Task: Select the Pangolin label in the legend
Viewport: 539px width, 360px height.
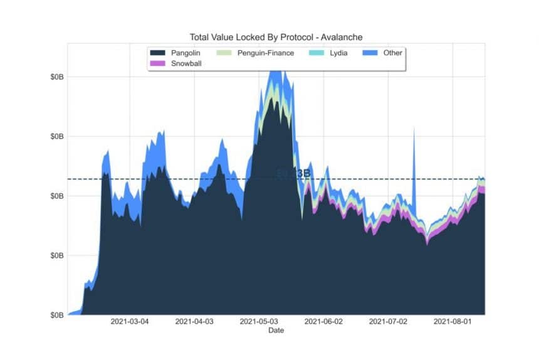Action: [186, 53]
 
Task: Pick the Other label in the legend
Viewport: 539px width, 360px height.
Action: [393, 53]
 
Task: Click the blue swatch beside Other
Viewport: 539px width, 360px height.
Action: [370, 53]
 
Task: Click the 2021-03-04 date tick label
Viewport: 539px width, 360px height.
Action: [130, 322]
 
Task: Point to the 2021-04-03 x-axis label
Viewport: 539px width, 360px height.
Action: [194, 322]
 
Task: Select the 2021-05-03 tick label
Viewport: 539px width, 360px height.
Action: [259, 322]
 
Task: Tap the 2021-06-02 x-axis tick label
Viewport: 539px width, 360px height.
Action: [323, 322]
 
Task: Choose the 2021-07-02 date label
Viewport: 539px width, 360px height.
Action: [388, 322]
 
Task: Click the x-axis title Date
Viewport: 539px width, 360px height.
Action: [275, 330]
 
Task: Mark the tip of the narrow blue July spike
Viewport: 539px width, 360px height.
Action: [414, 129]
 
